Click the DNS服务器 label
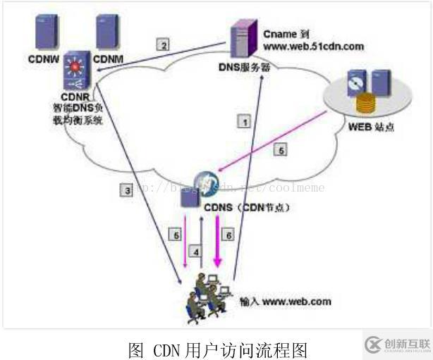tap(245, 68)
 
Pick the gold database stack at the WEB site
tap(365, 105)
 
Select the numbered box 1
tap(244, 122)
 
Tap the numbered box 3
tap(127, 190)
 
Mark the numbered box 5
tap(281, 150)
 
